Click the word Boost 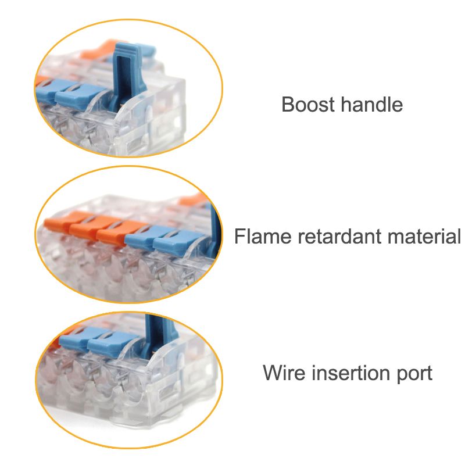click(x=308, y=105)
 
